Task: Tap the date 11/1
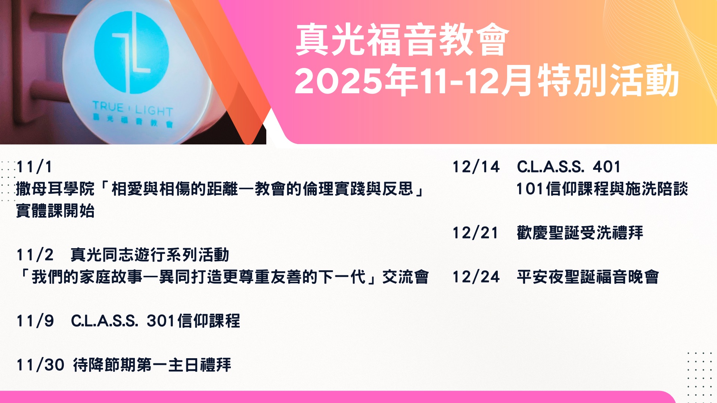click(x=34, y=167)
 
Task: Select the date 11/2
click(x=35, y=255)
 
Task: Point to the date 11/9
click(x=35, y=321)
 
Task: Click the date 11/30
click(x=40, y=365)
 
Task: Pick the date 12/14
click(x=476, y=167)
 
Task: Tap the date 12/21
click(x=475, y=233)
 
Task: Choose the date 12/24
click(x=476, y=277)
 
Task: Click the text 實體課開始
click(x=55, y=211)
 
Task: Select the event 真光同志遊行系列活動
click(x=150, y=255)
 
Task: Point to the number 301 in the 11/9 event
click(x=161, y=321)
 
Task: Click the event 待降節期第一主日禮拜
click(x=152, y=365)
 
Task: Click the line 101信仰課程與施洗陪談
click(x=602, y=189)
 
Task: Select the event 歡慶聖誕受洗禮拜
click(x=580, y=233)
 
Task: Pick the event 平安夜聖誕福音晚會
click(x=588, y=277)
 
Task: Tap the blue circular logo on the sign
click(x=131, y=53)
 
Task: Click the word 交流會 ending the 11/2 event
click(x=406, y=277)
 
